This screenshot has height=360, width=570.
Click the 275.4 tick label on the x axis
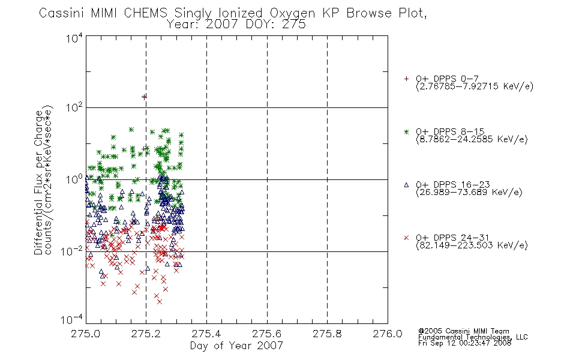tap(206, 334)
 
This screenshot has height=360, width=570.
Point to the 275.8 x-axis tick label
tap(327, 334)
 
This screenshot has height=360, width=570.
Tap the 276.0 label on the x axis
tap(388, 334)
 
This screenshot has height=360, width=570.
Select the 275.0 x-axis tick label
tap(85, 334)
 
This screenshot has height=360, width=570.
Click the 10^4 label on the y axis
tap(74, 38)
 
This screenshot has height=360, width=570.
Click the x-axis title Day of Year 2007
tap(236, 346)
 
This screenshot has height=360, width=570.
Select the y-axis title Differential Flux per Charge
tap(38, 182)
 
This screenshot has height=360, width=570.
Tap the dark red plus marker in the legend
tap(406, 79)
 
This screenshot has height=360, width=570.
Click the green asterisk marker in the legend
tap(406, 131)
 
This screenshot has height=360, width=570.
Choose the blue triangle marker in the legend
tap(406, 185)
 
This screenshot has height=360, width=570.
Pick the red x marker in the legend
tap(406, 238)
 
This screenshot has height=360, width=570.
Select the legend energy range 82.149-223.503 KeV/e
tap(472, 245)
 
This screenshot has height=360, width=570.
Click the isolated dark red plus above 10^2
tap(145, 97)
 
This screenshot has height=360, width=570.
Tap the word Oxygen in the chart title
tap(292, 13)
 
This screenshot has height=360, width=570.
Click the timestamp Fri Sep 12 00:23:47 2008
tap(465, 343)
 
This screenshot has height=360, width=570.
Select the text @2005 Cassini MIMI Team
tap(464, 331)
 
